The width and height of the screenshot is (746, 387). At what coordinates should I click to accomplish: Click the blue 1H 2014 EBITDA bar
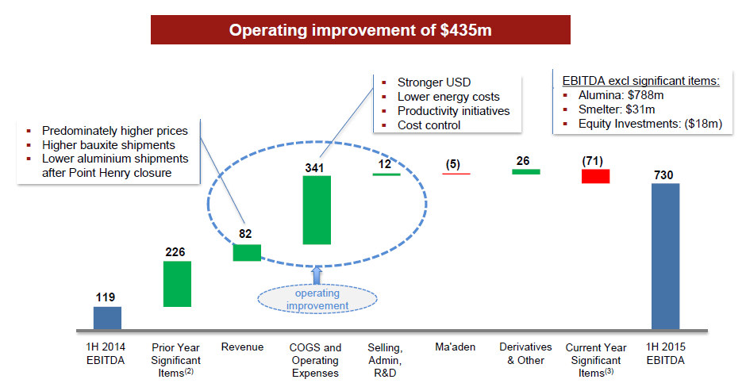pos(107,317)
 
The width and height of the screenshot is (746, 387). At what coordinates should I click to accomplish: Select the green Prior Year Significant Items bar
pos(177,284)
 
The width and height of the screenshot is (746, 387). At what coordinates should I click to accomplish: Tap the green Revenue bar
pos(247,252)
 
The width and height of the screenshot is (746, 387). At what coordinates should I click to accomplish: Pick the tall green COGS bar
pos(317,210)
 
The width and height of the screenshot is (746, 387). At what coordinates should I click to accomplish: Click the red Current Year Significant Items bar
pos(596,176)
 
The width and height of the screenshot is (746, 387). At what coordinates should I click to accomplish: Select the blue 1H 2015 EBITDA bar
pos(666,256)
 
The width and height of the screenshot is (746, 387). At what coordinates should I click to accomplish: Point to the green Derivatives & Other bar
pos(525,171)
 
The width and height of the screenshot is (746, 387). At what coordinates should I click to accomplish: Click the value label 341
pos(314,168)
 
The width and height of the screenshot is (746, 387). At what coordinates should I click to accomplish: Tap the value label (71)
pos(592,161)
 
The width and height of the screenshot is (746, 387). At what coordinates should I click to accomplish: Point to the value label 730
pos(663,175)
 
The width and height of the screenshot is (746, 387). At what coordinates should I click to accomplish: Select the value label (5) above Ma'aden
pos(453,164)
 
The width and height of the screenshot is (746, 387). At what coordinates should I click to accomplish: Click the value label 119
pos(105,297)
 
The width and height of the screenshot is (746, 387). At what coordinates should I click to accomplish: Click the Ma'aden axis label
pos(456,347)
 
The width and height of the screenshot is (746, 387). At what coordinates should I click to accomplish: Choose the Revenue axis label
pos(242,347)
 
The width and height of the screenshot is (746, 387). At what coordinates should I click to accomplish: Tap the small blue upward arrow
pos(317,276)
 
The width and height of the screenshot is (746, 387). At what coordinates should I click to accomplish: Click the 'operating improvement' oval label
pos(317,300)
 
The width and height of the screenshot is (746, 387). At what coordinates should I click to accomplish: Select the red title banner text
pos(360,30)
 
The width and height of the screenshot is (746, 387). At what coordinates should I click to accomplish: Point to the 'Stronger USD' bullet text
pos(434,82)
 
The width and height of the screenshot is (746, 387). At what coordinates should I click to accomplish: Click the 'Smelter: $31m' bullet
pos(617,109)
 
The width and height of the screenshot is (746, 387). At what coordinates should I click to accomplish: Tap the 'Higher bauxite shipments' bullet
pos(109,145)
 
